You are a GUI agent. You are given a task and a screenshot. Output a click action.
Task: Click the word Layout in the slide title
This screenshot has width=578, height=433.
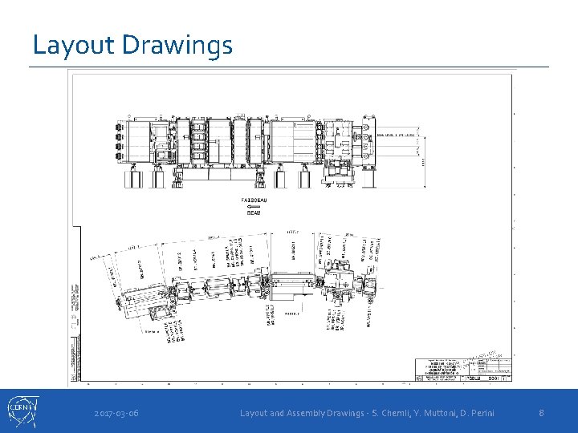[x=74, y=45]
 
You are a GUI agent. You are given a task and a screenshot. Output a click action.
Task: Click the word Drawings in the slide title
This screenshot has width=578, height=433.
[x=177, y=45]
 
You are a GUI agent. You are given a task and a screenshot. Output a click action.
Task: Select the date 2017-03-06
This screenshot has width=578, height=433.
[x=116, y=413]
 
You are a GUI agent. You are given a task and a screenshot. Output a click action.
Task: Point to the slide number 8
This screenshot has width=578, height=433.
[x=542, y=413]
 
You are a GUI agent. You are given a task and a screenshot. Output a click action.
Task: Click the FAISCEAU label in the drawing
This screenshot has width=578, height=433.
[x=254, y=199]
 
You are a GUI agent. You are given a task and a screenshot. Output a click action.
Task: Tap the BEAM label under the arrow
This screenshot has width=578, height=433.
[x=254, y=213]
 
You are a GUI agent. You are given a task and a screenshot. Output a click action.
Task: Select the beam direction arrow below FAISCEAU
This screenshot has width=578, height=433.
[x=254, y=206]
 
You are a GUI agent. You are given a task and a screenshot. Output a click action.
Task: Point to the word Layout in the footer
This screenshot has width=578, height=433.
[x=256, y=413]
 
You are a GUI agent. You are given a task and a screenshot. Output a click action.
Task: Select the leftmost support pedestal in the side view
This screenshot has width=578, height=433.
[x=131, y=178]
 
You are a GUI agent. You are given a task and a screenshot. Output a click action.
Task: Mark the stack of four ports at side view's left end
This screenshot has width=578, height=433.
[x=119, y=140]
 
